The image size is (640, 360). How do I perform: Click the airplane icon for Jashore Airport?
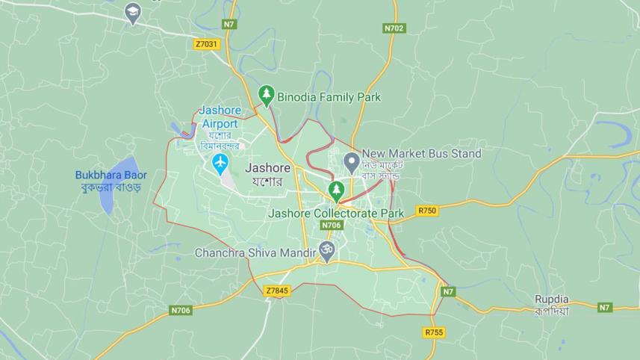click(x=220, y=164)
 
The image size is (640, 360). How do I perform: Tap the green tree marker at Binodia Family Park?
click(x=267, y=96)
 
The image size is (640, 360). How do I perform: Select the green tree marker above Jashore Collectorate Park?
click(x=337, y=190)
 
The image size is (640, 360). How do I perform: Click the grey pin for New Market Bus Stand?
click(x=351, y=160)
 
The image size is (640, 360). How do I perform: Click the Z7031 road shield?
click(x=206, y=44)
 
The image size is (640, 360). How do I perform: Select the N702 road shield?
click(x=394, y=28)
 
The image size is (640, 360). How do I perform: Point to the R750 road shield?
click(x=427, y=211)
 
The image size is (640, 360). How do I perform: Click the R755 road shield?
click(x=433, y=332)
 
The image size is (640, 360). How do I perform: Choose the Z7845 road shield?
click(x=277, y=291)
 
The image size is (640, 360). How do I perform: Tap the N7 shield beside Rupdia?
click(x=605, y=307)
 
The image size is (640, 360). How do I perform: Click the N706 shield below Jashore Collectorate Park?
click(x=331, y=225)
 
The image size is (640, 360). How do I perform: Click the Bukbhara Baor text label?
click(x=111, y=175)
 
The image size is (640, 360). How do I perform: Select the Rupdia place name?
click(x=551, y=300)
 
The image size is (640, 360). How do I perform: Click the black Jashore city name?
click(x=267, y=168)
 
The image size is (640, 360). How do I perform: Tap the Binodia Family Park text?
click(x=329, y=97)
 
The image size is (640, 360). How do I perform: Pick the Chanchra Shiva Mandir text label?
click(x=255, y=252)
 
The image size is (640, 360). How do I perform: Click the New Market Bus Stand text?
click(x=421, y=154)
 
